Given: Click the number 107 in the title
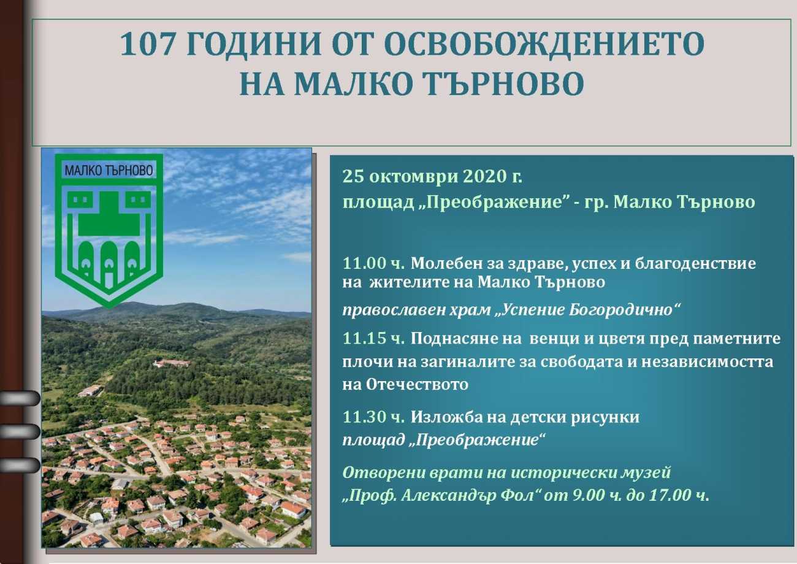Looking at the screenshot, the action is [x=147, y=44].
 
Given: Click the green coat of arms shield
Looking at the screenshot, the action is [x=109, y=231].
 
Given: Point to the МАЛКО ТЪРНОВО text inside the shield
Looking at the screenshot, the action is [x=109, y=171].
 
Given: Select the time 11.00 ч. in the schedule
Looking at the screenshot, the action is [x=373, y=264].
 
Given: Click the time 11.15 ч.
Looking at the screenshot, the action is [x=373, y=339].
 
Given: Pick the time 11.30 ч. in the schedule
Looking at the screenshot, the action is [x=373, y=417].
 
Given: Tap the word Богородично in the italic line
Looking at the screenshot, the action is [x=620, y=310].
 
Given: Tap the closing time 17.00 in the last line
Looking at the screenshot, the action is [x=669, y=495].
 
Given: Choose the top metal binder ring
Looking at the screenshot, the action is [x=20, y=398].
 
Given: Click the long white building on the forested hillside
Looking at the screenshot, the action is [x=172, y=363].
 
